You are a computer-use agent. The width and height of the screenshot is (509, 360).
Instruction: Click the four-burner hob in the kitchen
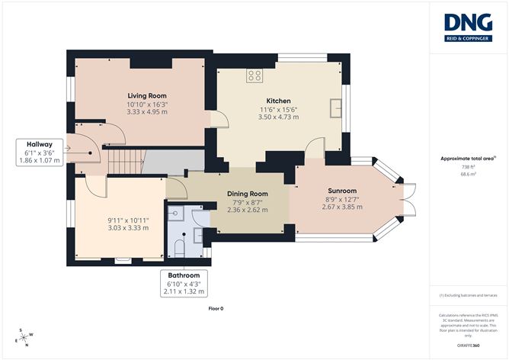254,76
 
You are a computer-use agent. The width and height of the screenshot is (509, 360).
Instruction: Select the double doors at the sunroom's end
410,200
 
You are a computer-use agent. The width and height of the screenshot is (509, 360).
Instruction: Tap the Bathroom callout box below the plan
184,282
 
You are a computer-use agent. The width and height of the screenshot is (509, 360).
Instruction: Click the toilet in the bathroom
178,246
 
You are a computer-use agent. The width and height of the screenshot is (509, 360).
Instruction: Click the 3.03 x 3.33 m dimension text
126,227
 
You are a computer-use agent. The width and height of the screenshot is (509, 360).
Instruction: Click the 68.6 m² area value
468,175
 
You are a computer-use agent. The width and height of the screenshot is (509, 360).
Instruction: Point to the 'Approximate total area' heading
468,159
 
